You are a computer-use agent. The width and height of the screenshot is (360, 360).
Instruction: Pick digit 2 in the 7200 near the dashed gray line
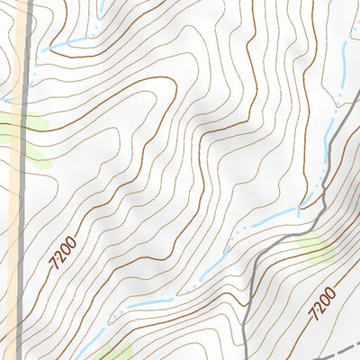(318, 310)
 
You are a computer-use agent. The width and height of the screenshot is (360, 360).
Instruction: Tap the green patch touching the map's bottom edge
(114, 352)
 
